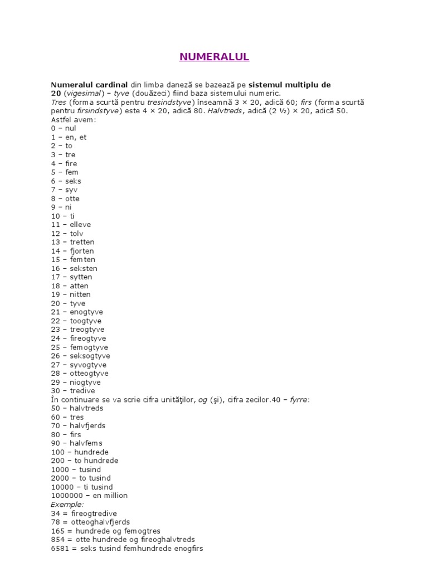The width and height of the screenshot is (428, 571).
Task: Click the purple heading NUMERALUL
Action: pyautogui.click(x=214, y=57)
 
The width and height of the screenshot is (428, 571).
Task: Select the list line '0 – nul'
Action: pyautogui.click(x=63, y=128)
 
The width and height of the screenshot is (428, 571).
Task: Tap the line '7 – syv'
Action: pyautogui.click(x=64, y=190)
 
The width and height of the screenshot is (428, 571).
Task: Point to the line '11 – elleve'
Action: pyautogui.click(x=71, y=225)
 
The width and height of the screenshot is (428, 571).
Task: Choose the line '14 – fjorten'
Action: pyautogui.click(x=72, y=251)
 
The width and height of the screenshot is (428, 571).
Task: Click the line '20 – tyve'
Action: pyautogui.click(x=68, y=303)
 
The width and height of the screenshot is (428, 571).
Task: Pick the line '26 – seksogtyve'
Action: pyautogui.click(x=80, y=356)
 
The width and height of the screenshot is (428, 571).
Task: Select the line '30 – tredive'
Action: pyautogui.click(x=72, y=391)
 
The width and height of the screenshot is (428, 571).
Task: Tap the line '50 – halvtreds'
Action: pyautogui.click(x=77, y=408)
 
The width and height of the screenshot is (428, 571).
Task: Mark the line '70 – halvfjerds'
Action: pyautogui.click(x=78, y=425)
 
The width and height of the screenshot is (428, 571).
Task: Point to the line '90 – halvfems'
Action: pyautogui.click(x=76, y=443)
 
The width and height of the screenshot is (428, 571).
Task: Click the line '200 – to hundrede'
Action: pyautogui.click(x=84, y=461)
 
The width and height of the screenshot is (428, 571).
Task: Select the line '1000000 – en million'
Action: pyautogui.click(x=89, y=496)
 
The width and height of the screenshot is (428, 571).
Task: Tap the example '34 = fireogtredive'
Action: pyautogui.click(x=84, y=513)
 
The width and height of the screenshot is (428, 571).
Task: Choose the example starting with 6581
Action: pyautogui.click(x=127, y=548)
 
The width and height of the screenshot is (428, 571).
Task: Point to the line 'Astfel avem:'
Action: pyautogui.click(x=74, y=119)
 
